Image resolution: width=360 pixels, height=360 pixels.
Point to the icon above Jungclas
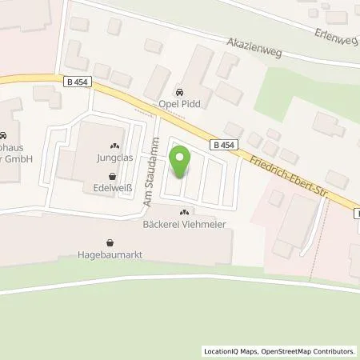[x=114, y=146]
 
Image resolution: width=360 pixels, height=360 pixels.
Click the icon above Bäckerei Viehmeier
[x=185, y=213]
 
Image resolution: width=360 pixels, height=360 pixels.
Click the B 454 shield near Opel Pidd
[x=226, y=145]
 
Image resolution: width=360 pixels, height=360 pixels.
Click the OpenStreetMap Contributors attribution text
[x=310, y=350]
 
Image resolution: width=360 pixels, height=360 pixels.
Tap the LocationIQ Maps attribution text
[x=231, y=350]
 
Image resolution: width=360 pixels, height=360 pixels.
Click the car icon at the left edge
[x=3, y=135]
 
